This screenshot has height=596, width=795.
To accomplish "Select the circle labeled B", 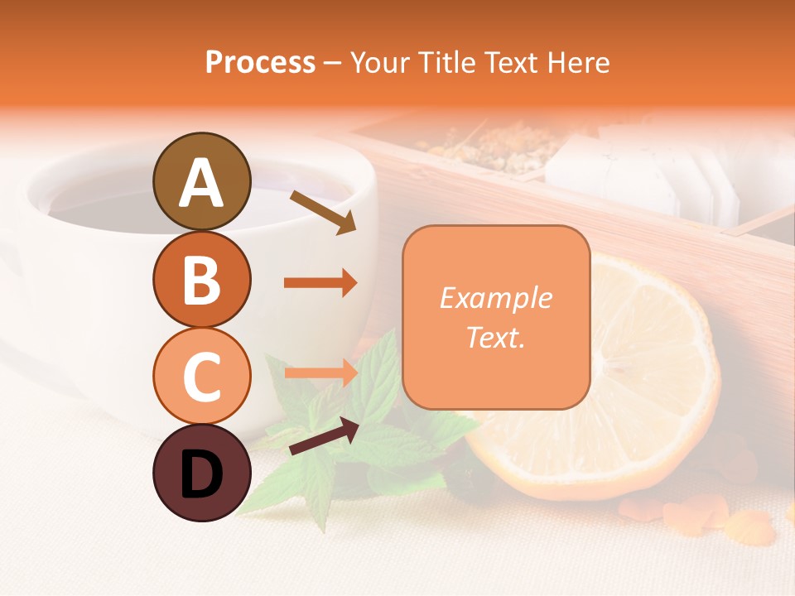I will (x=201, y=279).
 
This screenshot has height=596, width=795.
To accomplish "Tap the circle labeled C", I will (x=201, y=376).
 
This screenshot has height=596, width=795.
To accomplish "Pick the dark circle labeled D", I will (x=201, y=473).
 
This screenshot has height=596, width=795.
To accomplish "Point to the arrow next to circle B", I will (x=320, y=283).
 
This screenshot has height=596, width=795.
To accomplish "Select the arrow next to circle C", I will (x=320, y=372).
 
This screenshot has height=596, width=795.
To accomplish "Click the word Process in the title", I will (x=260, y=62).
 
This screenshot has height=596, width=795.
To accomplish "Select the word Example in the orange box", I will (x=495, y=298).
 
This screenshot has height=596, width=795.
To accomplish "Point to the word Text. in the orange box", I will (x=495, y=337).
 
